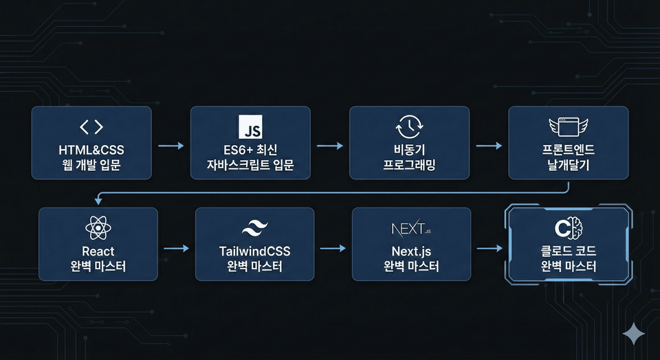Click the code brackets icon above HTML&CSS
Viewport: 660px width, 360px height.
coord(91,127)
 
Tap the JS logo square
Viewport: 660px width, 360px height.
coord(250,127)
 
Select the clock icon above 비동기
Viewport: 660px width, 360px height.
coord(409,127)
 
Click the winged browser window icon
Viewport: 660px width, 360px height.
coord(568,127)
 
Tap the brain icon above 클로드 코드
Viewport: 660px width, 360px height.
coord(568,229)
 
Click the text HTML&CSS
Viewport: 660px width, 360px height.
coord(91,150)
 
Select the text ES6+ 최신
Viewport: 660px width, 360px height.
coord(250,150)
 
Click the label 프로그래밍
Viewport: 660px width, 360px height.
coord(409,166)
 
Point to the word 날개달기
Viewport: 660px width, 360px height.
coord(568,166)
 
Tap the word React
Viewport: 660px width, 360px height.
coord(98,251)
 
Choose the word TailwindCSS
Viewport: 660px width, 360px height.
coord(254,251)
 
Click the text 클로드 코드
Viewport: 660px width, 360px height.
coord(568,251)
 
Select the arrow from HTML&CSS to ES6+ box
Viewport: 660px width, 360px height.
coord(170,146)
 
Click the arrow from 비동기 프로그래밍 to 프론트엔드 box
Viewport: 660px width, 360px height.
coord(489,146)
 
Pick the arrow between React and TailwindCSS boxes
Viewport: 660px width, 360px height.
coord(176,248)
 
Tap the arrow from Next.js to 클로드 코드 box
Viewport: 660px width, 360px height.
coord(489,248)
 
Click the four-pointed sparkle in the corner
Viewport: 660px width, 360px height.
coord(633,334)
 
